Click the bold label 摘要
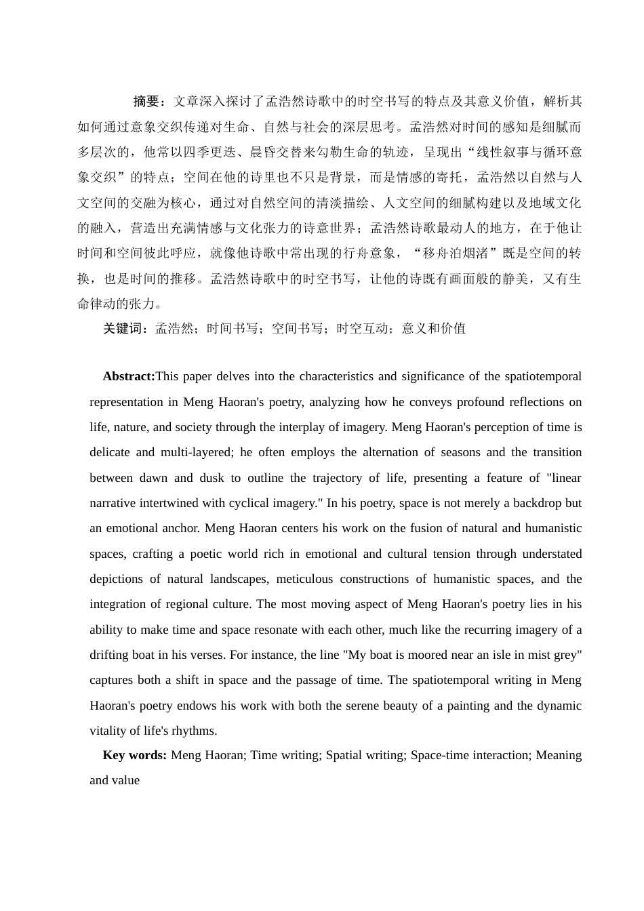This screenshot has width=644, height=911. (x=146, y=102)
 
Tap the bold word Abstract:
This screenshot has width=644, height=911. (x=129, y=376)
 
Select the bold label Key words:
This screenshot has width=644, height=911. (x=134, y=755)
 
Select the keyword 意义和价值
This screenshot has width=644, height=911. (x=434, y=329)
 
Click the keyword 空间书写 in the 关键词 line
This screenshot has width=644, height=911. (x=297, y=329)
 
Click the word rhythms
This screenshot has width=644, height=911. (x=193, y=731)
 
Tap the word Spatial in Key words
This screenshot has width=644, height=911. (x=344, y=755)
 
